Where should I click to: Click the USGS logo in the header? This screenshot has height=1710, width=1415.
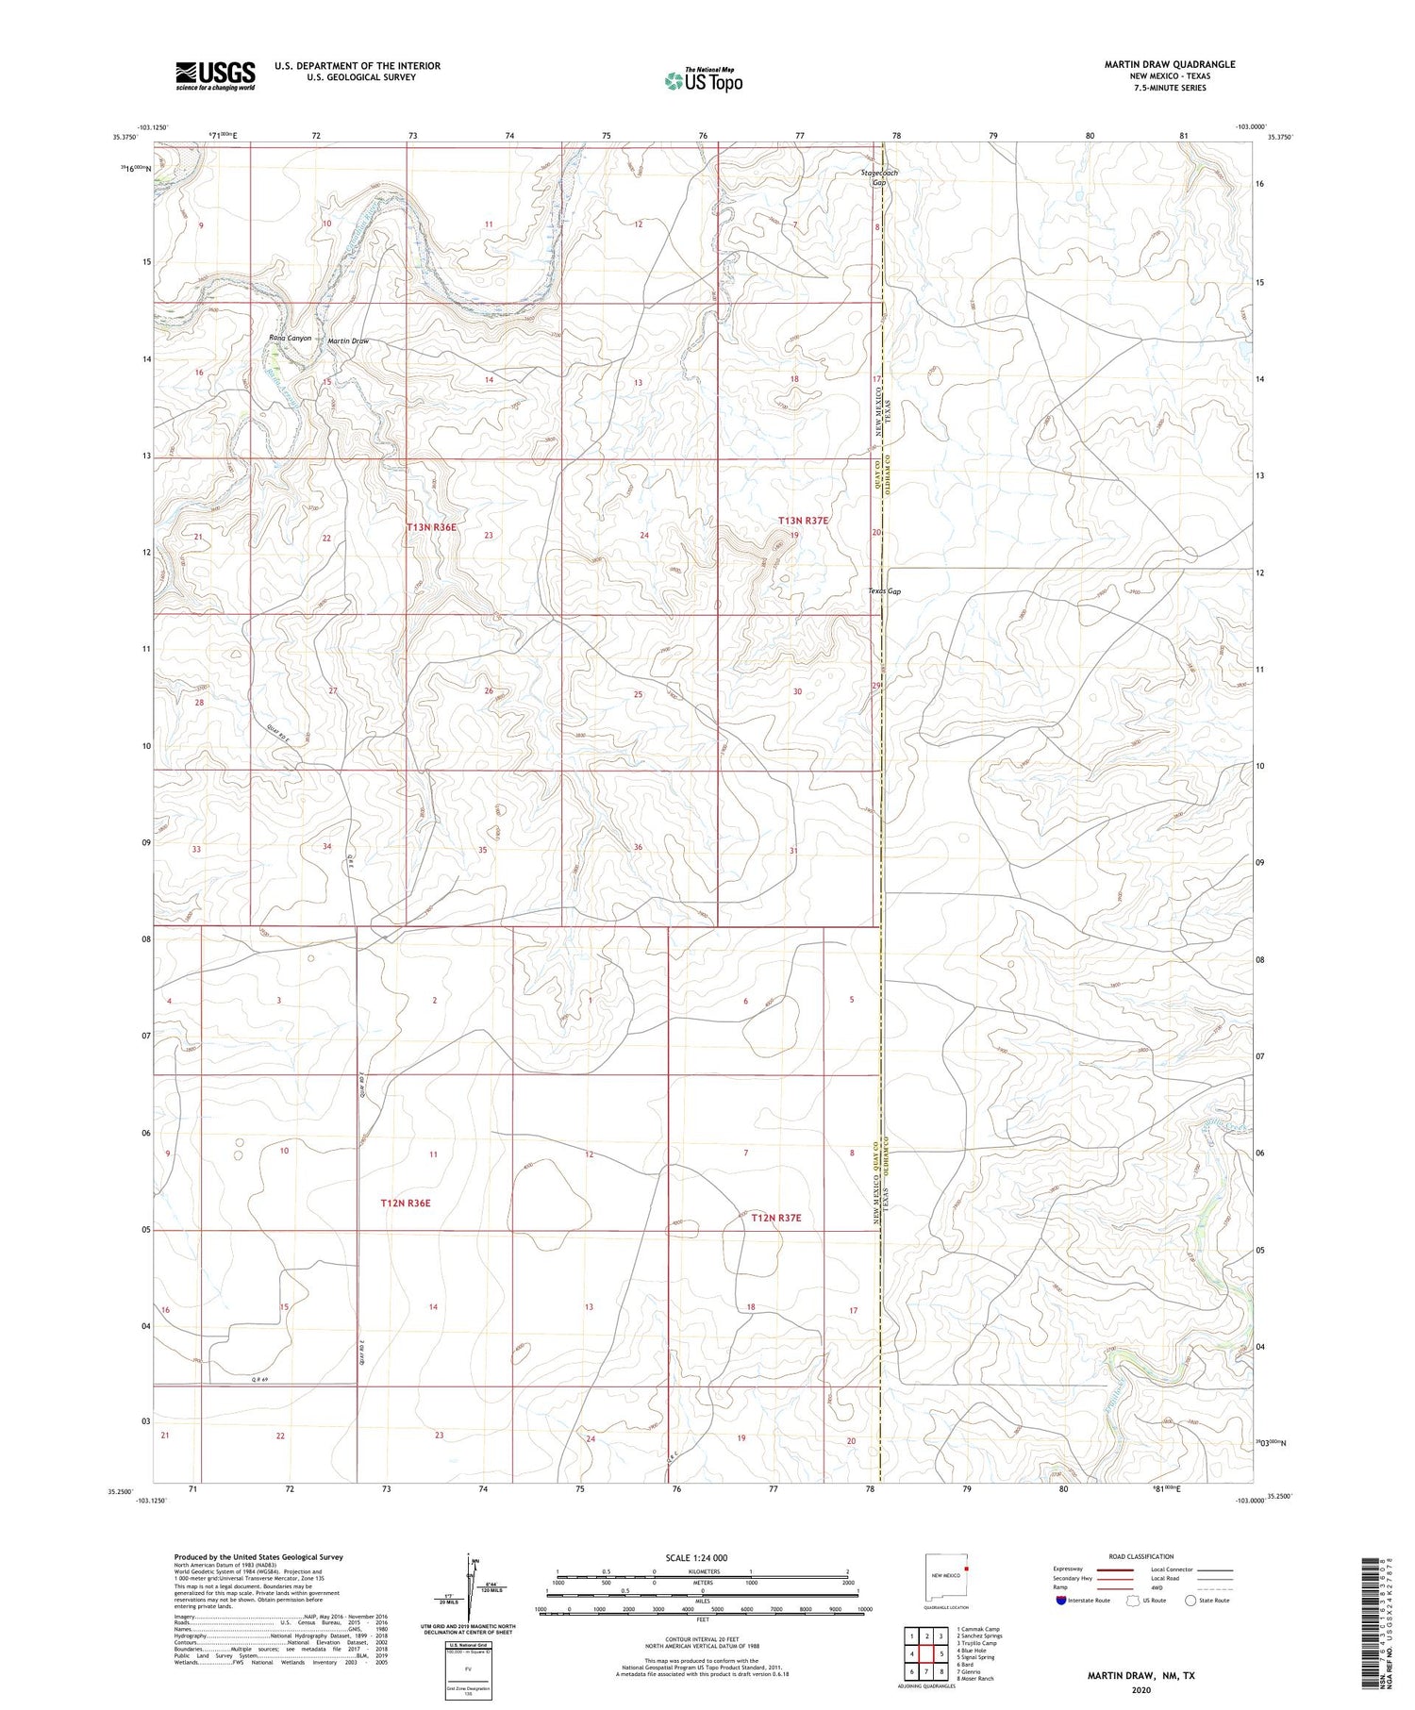(x=214, y=75)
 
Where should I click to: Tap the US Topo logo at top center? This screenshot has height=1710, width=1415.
(x=703, y=80)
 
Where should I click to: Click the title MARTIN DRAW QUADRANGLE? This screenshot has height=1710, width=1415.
(x=1170, y=64)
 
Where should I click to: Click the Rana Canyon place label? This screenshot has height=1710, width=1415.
(x=290, y=338)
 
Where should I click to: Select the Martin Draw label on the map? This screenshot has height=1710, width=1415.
(x=348, y=340)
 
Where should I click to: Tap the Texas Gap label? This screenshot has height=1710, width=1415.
(x=885, y=592)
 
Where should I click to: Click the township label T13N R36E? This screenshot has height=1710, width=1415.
(x=431, y=527)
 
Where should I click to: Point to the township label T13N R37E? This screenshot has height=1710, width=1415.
(x=802, y=521)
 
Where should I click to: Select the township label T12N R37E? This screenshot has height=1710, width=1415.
(x=775, y=1218)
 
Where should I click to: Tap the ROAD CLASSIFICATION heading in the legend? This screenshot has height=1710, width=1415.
(x=1141, y=1556)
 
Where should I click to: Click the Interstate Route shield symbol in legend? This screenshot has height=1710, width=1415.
(x=1061, y=1601)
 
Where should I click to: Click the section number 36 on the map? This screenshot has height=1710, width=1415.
(x=638, y=847)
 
